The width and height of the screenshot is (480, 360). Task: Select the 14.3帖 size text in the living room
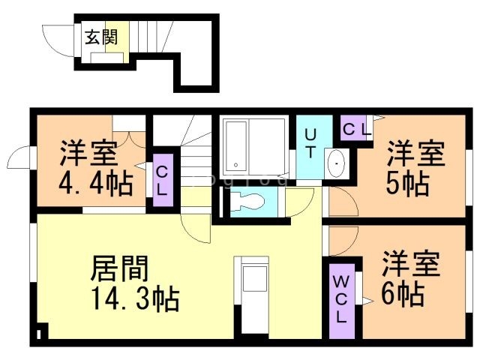(x=135, y=299)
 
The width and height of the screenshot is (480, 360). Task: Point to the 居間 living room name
(x=120, y=268)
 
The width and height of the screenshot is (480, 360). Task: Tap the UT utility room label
(x=310, y=142)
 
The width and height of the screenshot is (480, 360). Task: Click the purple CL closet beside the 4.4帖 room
(x=161, y=181)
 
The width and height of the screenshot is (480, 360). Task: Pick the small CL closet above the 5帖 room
(x=356, y=128)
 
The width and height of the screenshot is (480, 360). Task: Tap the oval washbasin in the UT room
(x=337, y=162)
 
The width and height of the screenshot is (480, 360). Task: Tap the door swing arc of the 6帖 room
(x=340, y=238)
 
